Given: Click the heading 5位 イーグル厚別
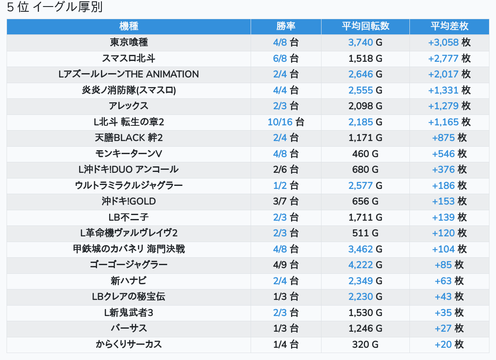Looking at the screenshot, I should point(55,7).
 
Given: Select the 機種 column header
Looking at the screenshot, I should point(129,26).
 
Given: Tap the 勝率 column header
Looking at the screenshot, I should point(286,26).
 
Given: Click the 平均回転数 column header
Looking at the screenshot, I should point(365,26).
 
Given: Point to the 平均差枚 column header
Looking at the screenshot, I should point(449,26).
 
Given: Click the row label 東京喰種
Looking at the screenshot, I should point(129,42).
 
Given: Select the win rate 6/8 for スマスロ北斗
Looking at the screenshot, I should point(286,58).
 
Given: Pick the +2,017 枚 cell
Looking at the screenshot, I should point(449,74).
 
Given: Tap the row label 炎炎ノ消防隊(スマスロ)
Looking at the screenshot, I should point(129,90).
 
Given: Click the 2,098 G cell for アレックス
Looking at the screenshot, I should point(365,106).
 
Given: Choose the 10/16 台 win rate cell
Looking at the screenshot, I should point(286,122).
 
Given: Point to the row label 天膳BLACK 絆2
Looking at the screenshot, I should point(129,138).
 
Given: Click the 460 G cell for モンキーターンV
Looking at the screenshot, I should point(365,154).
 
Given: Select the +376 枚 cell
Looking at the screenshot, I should point(449,169).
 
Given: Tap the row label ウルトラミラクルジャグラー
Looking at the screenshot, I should point(129,185).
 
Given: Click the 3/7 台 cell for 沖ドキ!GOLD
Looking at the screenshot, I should point(286,201).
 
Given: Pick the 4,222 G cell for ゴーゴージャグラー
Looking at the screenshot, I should point(365,265).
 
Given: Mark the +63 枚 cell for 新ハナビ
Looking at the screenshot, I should point(449,281).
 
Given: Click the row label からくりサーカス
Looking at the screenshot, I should point(129,344).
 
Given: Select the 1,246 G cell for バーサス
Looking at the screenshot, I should point(365,328).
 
